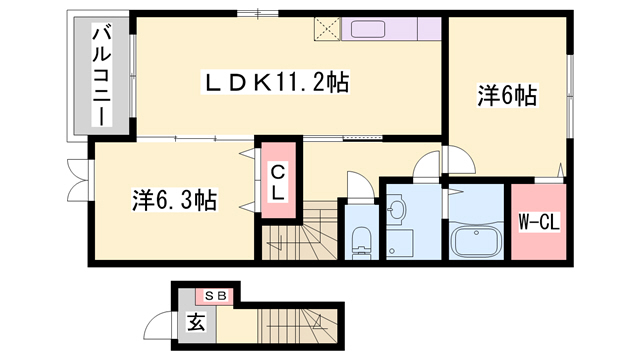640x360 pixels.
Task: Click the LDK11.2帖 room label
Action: [x=276, y=83]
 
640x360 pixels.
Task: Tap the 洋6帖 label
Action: [x=507, y=96]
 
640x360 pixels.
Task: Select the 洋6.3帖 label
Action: [x=174, y=200]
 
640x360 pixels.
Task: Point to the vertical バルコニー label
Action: [x=101, y=75]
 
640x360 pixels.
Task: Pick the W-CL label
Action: [x=539, y=222]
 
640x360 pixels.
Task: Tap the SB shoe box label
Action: [x=215, y=297]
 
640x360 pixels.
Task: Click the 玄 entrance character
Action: [x=196, y=322]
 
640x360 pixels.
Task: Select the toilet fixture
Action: [x=361, y=242]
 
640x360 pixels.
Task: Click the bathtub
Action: [x=476, y=243]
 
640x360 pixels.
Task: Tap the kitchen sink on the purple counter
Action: [x=368, y=29]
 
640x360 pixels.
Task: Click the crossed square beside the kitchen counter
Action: [x=327, y=29]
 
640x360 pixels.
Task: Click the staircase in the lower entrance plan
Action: [x=298, y=326]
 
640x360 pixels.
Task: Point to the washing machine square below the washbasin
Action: [x=400, y=244]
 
